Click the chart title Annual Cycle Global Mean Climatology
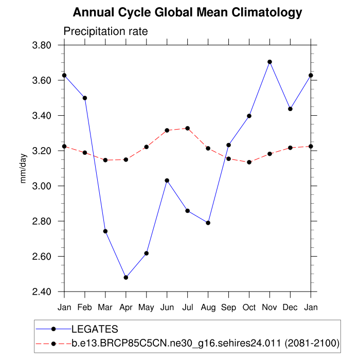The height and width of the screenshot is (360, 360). point(187,12)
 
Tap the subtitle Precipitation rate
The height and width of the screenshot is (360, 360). point(105,31)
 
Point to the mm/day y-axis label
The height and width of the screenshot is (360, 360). point(23,169)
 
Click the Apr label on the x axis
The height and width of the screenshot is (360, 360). point(125,307)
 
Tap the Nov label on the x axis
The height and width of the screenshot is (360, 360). point(269,307)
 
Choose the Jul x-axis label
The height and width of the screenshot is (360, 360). point(187,307)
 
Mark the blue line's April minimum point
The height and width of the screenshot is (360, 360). point(125,278)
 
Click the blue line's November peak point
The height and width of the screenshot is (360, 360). point(269,62)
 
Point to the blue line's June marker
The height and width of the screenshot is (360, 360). point(167,181)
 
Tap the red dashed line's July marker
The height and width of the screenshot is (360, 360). point(187,128)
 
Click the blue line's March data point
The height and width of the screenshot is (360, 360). point(105,231)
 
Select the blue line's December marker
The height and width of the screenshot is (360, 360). point(290,109)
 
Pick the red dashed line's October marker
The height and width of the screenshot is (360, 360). point(249,162)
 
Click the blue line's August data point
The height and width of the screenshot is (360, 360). point(208,223)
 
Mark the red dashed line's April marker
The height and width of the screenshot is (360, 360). point(125,159)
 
